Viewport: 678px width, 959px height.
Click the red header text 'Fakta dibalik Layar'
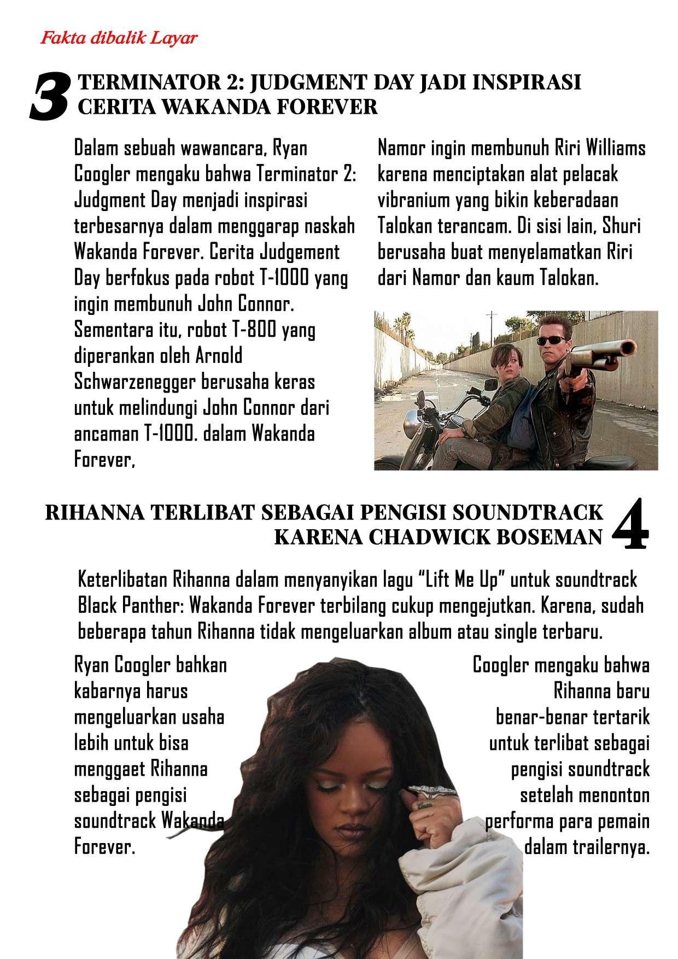point(119,39)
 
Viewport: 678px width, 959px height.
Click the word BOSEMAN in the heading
point(548,537)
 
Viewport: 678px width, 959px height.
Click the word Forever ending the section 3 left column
point(104,461)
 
